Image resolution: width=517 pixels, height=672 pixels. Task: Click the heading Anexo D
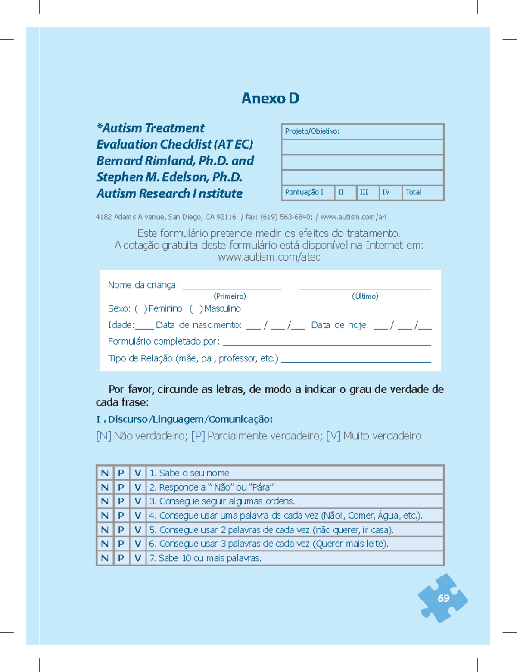pyautogui.click(x=270, y=98)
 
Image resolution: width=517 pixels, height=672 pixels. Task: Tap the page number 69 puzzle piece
pyautogui.click(x=443, y=598)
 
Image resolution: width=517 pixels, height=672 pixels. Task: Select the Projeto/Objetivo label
pyautogui.click(x=312, y=131)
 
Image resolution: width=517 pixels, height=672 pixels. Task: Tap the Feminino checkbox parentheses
pyautogui.click(x=141, y=309)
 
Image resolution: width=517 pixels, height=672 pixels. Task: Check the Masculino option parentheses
pyautogui.click(x=196, y=309)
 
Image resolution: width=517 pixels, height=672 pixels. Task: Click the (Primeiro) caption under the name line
pyautogui.click(x=230, y=296)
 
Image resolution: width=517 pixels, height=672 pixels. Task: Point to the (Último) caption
pyautogui.click(x=365, y=296)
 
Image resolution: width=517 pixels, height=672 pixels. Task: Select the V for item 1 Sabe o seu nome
pyautogui.click(x=138, y=473)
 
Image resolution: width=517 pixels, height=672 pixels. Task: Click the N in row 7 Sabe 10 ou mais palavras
pyautogui.click(x=105, y=558)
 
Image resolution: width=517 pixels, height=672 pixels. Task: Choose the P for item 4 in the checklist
pyautogui.click(x=121, y=516)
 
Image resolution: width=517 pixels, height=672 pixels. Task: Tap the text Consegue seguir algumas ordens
pyautogui.click(x=227, y=501)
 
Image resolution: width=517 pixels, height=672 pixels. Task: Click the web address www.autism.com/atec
pyautogui.click(x=269, y=258)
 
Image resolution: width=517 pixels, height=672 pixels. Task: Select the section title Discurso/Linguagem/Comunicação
pyautogui.click(x=190, y=419)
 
